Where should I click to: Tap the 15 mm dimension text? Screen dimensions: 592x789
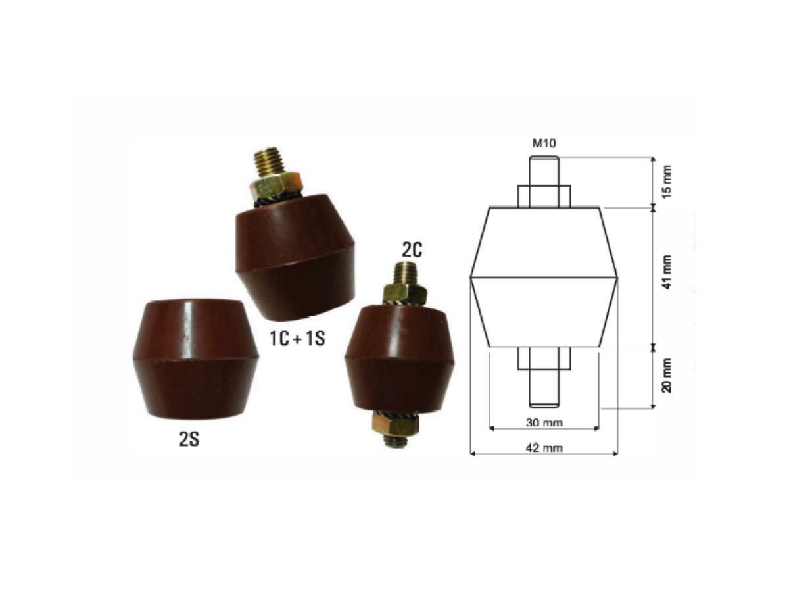[668, 183]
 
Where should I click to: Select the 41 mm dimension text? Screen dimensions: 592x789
[668, 274]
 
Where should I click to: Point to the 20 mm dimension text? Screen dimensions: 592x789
[668, 376]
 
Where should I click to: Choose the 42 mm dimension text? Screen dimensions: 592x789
[544, 447]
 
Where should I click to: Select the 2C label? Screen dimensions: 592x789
[410, 249]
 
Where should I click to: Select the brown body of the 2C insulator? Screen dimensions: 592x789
[400, 358]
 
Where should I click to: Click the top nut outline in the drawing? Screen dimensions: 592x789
[544, 196]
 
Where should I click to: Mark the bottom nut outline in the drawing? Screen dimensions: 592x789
[544, 358]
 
